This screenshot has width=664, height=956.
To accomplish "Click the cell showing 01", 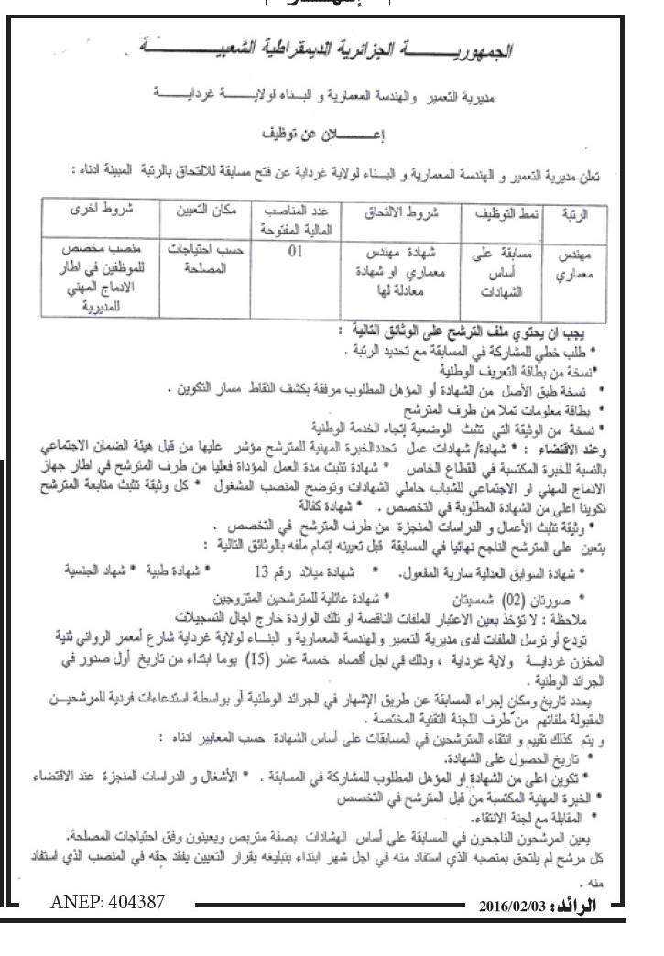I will click(x=294, y=255).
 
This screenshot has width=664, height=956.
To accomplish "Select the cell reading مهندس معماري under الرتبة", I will click(x=576, y=266).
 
